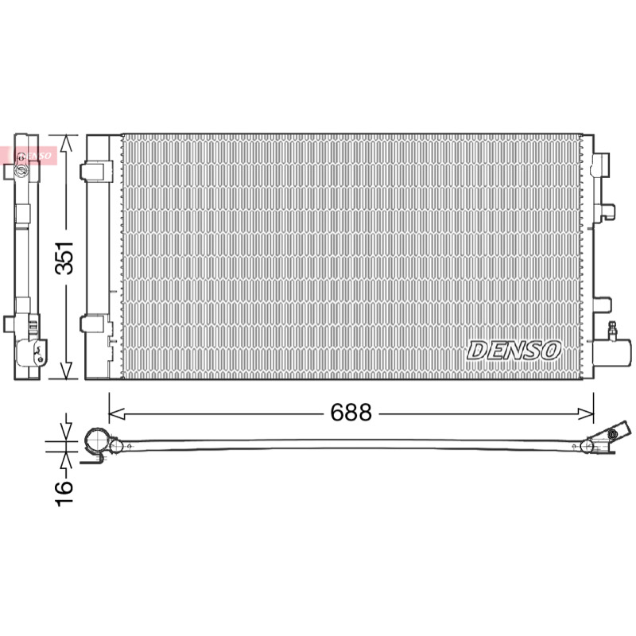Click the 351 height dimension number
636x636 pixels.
64,258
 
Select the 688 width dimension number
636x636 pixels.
351,412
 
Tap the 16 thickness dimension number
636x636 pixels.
64,494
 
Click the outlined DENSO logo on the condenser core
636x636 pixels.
514,351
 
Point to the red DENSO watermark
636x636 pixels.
29,156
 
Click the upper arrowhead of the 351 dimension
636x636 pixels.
67,144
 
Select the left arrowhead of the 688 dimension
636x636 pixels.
117,414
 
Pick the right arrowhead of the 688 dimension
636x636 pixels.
586,414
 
